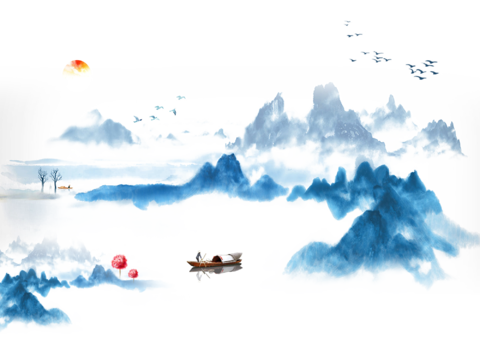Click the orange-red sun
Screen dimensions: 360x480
76,72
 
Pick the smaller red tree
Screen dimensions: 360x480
133,272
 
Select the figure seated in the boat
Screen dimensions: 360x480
200,258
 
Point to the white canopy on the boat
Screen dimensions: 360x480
223,259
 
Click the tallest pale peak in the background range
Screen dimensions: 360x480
323,95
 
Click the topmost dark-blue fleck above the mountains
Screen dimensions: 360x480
348,22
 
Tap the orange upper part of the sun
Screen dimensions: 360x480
76,66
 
